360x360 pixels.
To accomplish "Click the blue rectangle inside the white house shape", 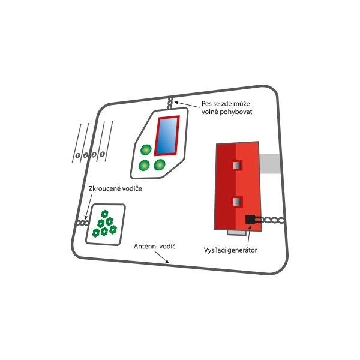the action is (167, 135).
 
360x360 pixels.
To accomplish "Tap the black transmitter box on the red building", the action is (250, 219).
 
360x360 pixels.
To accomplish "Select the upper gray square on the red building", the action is (237, 166).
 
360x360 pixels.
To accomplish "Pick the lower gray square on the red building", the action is (237, 202).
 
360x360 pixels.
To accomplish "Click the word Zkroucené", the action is (102, 188).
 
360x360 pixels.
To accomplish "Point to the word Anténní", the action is (145, 247).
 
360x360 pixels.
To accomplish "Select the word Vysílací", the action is (215, 250).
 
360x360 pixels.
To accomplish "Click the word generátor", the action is (242, 250).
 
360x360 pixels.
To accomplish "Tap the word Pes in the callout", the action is (206, 104).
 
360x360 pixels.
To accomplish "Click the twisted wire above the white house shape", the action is (170, 103).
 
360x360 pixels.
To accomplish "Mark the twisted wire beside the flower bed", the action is (83, 223).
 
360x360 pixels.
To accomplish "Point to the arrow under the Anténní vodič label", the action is (162, 257).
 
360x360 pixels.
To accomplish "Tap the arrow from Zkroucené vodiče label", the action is (88, 206).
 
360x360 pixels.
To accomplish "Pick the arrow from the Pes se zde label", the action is (187, 104).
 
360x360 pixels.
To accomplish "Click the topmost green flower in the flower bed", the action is (104, 214).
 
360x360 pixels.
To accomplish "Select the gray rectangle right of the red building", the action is (270, 164).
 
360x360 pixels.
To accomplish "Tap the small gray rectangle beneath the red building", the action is (237, 233).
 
